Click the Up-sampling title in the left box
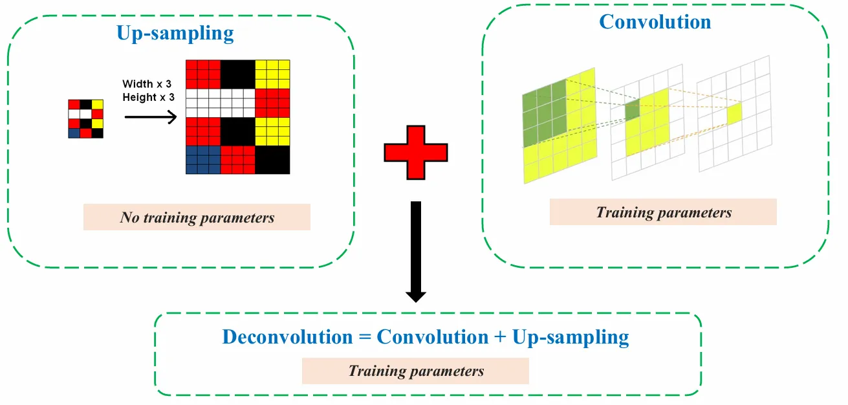click(175, 33)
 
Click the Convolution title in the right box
click(655, 22)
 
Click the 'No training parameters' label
click(197, 217)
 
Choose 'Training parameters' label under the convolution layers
click(663, 212)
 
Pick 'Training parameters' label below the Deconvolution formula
click(415, 371)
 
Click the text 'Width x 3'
click(147, 84)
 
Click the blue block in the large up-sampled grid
click(202, 160)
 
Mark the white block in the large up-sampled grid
click(220, 102)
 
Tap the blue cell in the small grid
click(74, 133)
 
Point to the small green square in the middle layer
click(632, 111)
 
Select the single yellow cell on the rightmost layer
click(734, 114)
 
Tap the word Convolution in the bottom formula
click(432, 337)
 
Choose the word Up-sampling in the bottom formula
click(570, 338)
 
